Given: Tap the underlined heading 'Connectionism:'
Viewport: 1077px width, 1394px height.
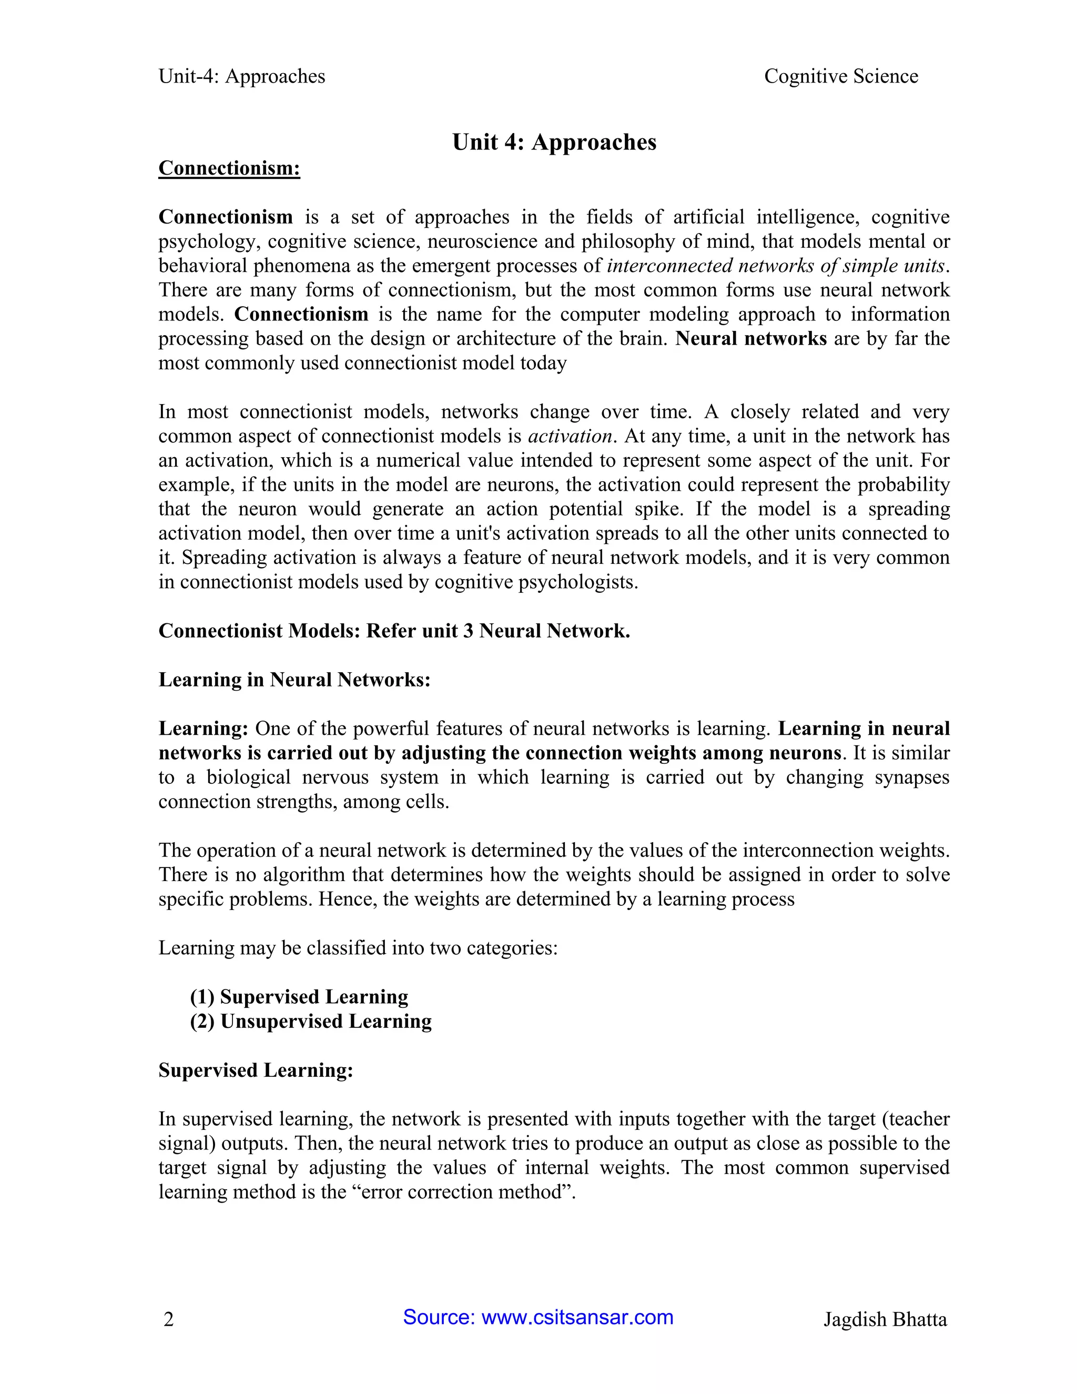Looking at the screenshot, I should click(x=229, y=168).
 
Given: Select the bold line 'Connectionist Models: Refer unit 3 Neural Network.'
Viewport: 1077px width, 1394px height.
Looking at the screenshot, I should click(x=394, y=631).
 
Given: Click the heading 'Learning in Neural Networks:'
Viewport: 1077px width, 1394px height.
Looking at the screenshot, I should click(x=294, y=679).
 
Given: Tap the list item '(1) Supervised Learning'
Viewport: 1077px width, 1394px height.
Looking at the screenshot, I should click(x=299, y=996).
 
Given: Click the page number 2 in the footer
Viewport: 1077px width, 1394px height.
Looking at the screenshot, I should click(x=168, y=1319).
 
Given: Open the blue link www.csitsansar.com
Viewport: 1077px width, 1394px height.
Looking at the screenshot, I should click(x=577, y=1317).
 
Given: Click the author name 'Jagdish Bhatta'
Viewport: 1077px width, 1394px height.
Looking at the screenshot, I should click(x=885, y=1319).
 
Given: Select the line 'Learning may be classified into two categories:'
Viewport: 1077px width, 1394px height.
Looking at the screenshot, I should click(x=358, y=948).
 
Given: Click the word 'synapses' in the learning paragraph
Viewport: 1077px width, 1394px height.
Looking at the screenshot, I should click(x=912, y=777).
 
